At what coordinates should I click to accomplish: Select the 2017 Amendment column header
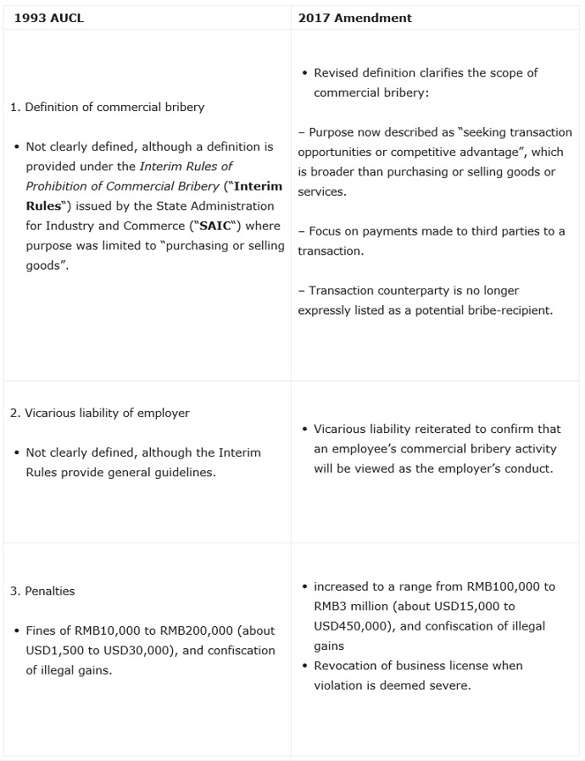[354, 18]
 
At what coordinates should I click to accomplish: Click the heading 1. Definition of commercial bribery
[107, 108]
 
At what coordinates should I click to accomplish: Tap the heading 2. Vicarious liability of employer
[100, 413]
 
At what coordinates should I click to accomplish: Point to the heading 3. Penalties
[42, 591]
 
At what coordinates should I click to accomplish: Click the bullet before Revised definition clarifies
[305, 74]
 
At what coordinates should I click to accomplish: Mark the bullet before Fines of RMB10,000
[17, 631]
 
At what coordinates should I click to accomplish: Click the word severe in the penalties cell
[450, 685]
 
